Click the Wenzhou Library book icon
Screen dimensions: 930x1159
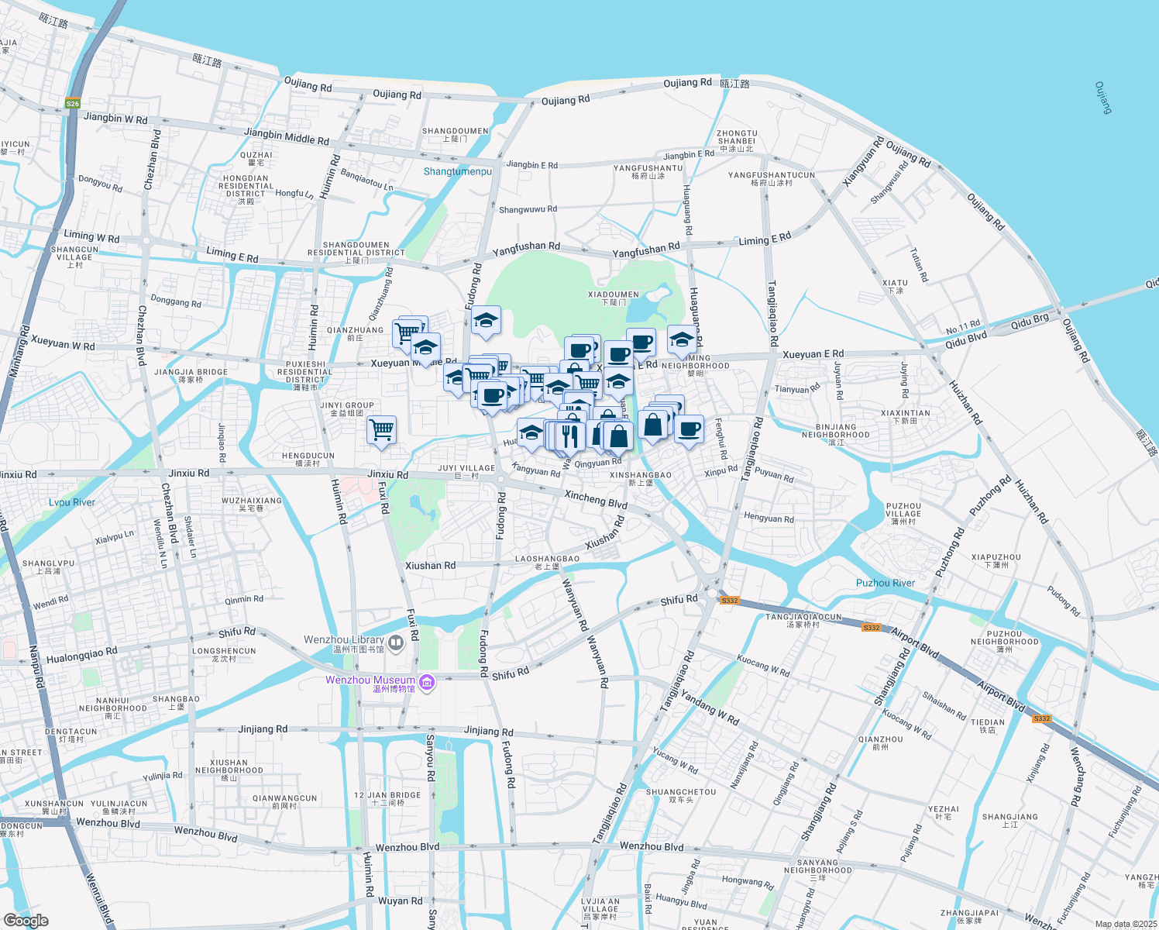(x=396, y=642)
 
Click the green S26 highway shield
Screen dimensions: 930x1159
(x=72, y=104)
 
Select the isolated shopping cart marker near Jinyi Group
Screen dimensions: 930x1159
(x=381, y=430)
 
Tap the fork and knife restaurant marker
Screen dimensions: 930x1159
(x=570, y=436)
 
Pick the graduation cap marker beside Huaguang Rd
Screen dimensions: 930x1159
(x=681, y=339)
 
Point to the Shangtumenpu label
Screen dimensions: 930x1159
(x=457, y=171)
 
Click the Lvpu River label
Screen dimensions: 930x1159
(x=72, y=502)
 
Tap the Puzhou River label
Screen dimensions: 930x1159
(x=885, y=583)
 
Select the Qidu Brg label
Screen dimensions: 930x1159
(x=1030, y=322)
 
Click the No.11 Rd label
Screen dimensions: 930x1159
(x=962, y=327)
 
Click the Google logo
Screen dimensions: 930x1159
(x=26, y=920)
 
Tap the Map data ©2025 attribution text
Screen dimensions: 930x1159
(x=1126, y=924)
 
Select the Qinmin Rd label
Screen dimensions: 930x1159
(x=244, y=599)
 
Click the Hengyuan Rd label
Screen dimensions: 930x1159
(x=769, y=518)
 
